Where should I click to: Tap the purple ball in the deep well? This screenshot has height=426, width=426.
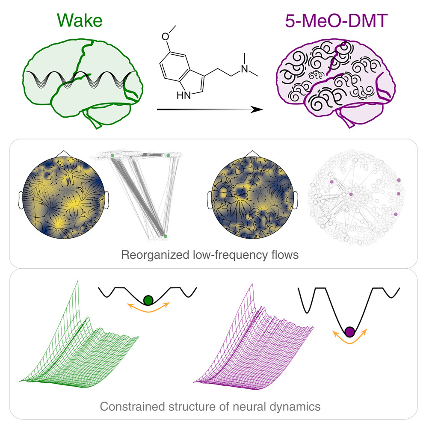[350, 331]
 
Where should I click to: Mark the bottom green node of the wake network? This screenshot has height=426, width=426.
[166, 236]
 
